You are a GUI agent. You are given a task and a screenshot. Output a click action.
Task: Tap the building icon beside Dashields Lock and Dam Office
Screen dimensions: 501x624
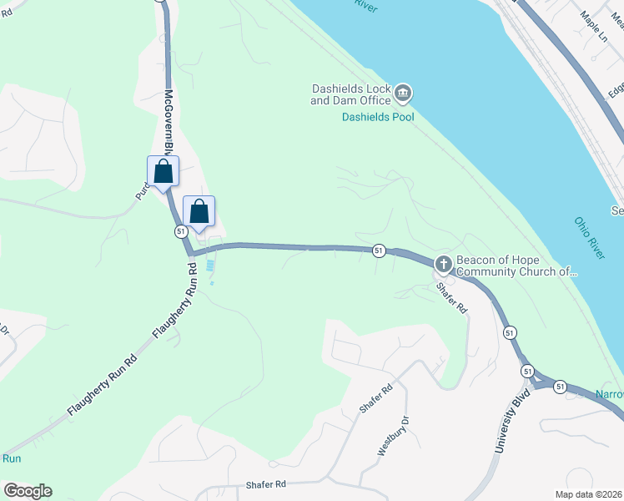point(403,94)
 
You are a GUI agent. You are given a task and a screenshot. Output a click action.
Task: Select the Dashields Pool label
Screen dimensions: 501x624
point(378,117)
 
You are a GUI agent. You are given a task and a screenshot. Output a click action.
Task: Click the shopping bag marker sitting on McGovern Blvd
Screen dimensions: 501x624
point(163,172)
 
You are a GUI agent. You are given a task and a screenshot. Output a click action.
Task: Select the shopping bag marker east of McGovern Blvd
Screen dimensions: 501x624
point(199,211)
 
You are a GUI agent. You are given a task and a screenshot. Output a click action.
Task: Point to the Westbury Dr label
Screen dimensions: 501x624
point(395,434)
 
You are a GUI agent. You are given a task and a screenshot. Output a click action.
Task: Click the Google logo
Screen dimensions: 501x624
point(28,491)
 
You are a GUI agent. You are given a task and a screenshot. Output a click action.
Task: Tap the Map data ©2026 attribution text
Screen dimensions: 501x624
point(588,494)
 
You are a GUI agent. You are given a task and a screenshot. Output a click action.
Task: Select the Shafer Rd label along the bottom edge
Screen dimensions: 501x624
point(266,484)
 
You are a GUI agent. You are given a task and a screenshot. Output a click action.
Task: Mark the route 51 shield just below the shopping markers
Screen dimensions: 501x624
point(180,231)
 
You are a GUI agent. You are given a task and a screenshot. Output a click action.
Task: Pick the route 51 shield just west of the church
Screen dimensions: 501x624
point(379,250)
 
